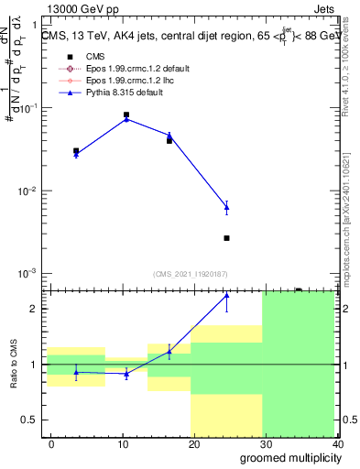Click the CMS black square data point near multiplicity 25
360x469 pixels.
[x=226, y=238]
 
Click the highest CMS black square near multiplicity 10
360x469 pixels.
[x=126, y=115]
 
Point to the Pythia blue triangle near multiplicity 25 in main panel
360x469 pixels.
[x=226, y=208]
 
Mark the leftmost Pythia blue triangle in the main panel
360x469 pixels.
[x=76, y=155]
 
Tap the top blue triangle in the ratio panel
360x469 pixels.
[x=226, y=296]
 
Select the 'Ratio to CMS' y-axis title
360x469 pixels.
[x=13, y=364]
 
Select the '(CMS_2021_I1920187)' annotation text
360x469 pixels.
[x=191, y=273]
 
